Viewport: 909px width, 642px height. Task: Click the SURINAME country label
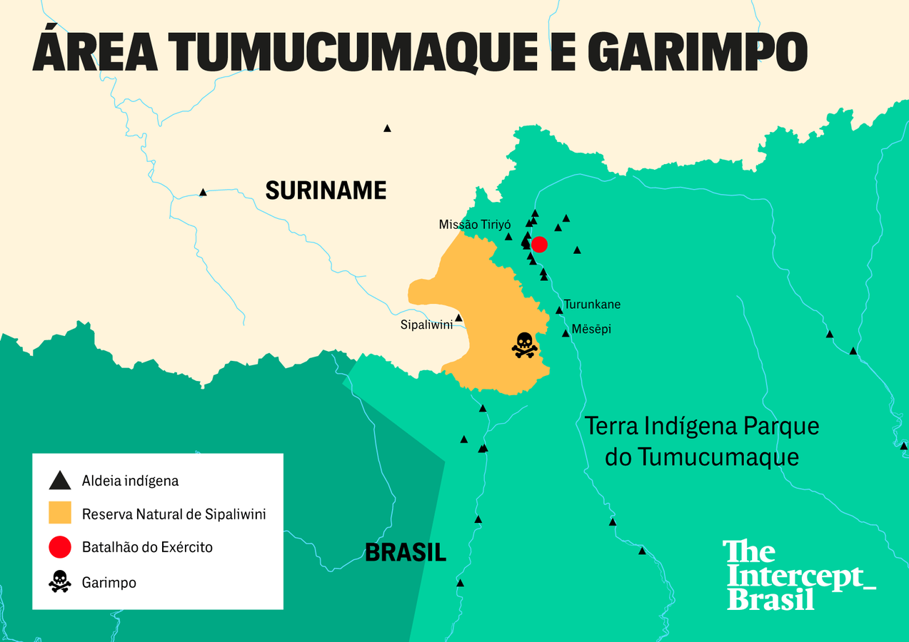tap(326, 190)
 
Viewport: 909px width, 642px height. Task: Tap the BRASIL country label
tap(406, 552)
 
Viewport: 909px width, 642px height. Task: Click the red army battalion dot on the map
tap(540, 245)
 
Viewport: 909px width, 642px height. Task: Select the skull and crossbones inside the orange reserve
tap(524, 345)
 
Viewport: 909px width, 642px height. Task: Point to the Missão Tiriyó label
tap(475, 225)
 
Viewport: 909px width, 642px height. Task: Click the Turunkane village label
tap(592, 305)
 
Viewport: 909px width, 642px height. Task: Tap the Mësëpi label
tap(592, 330)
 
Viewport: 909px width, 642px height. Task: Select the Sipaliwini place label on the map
tap(426, 325)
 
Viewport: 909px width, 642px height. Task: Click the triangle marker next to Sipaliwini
tap(458, 318)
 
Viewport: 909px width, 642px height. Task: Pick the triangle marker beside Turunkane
tap(559, 310)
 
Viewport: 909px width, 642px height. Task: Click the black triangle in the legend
tap(60, 480)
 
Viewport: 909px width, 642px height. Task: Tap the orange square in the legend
tap(60, 514)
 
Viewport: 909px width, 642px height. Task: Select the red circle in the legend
tap(60, 547)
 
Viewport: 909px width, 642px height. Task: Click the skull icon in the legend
tap(60, 581)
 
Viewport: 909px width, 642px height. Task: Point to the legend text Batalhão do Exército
tap(147, 548)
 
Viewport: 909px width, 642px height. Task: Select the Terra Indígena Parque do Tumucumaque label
tap(702, 441)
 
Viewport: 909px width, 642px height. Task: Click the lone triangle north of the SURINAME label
tap(387, 128)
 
